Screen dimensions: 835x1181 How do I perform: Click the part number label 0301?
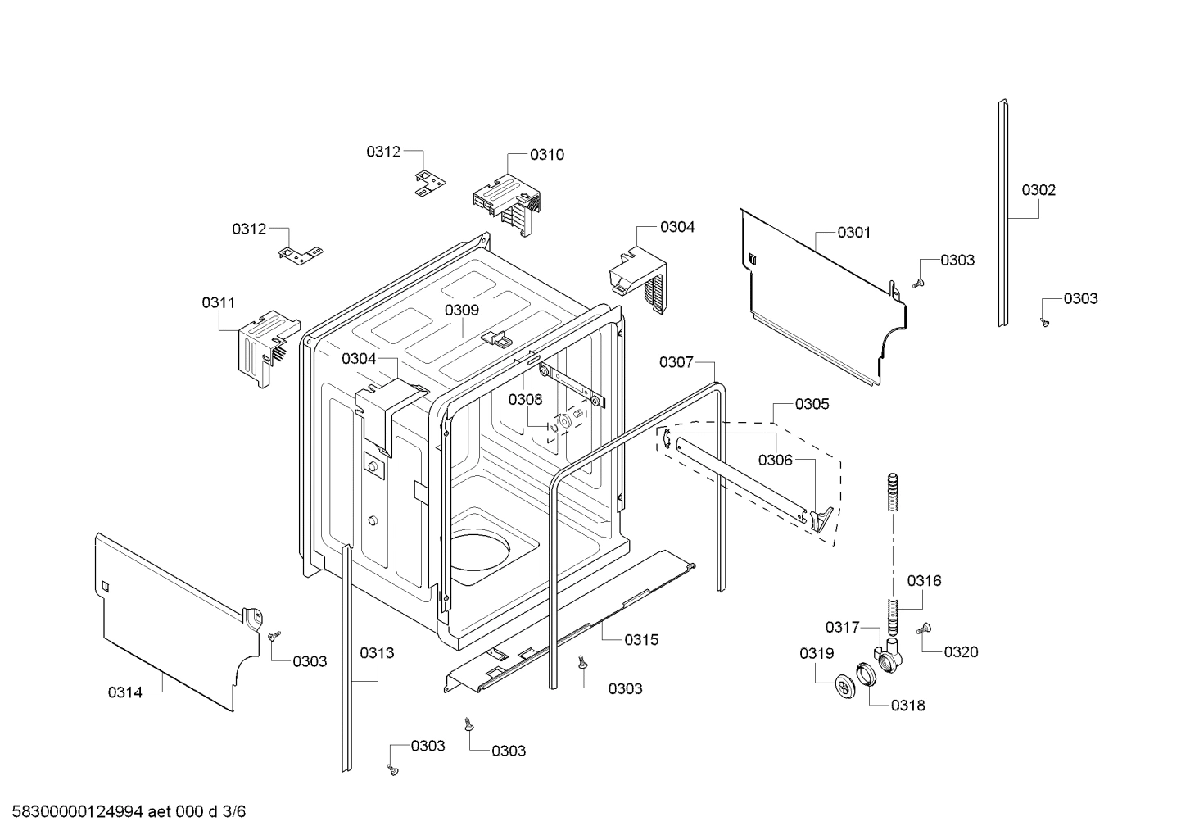click(x=853, y=233)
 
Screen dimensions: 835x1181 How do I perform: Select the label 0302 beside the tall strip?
click(x=1038, y=190)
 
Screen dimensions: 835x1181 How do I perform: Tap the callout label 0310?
click(x=546, y=155)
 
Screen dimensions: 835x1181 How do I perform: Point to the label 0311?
click(x=219, y=303)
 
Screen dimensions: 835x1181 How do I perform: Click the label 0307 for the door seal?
click(x=676, y=362)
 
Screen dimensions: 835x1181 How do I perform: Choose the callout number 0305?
click(x=812, y=404)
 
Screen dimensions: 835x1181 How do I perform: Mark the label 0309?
click(x=462, y=311)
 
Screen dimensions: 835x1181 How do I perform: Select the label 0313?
click(x=377, y=653)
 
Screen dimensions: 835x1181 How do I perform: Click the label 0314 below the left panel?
click(x=125, y=692)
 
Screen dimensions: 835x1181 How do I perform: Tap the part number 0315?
click(x=641, y=640)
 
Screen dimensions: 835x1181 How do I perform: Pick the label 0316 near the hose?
click(x=924, y=581)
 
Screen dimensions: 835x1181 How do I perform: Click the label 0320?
click(x=961, y=652)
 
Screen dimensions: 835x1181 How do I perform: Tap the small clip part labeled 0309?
click(x=496, y=337)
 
